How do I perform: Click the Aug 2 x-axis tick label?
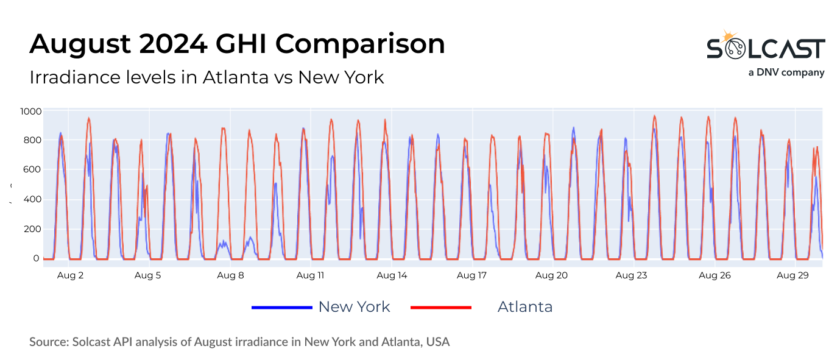pyautogui.click(x=70, y=275)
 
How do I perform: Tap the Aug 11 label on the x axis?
pyautogui.click(x=311, y=275)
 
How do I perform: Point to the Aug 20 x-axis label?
pyautogui.click(x=552, y=275)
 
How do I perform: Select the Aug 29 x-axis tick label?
pyautogui.click(x=793, y=275)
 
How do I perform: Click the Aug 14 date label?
pyautogui.click(x=392, y=275)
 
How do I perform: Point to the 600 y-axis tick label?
pyautogui.click(x=32, y=170)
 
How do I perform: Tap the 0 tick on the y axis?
pyautogui.click(x=37, y=258)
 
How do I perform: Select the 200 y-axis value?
pyautogui.click(x=32, y=229)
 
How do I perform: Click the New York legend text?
pyautogui.click(x=354, y=306)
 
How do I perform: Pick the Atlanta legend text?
pyautogui.click(x=525, y=306)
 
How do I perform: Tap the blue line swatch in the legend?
pyautogui.click(x=281, y=308)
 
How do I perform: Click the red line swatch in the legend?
pyautogui.click(x=441, y=308)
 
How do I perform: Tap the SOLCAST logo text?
pyautogui.click(x=766, y=49)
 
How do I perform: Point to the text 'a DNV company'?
pyautogui.click(x=786, y=72)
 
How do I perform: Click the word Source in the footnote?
pyautogui.click(x=48, y=342)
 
